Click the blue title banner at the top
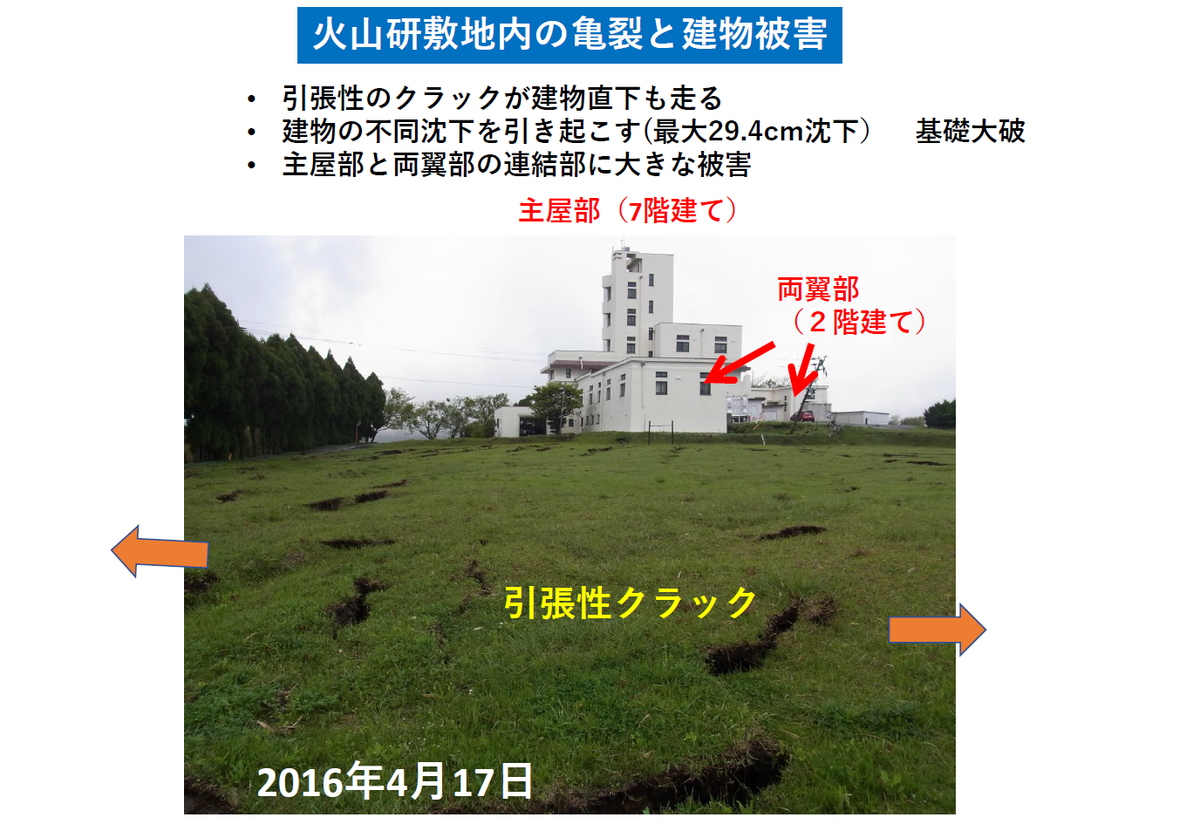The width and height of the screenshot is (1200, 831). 569,35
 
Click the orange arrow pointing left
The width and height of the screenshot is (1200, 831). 159,552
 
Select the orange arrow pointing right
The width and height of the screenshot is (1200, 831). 937,630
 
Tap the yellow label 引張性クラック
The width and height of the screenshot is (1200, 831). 631,603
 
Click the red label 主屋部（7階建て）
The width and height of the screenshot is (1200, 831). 628,210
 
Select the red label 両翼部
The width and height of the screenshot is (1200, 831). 818,289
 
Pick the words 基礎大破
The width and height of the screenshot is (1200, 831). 970,132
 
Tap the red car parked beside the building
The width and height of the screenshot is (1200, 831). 802,416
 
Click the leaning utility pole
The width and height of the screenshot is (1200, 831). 808,395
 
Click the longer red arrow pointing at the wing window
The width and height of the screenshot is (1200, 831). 740,364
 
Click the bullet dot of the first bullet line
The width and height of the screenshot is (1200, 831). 251,99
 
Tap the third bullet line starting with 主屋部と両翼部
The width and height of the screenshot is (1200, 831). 516,165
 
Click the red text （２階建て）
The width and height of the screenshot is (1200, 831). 859,322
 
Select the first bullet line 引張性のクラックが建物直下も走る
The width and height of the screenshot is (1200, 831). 502,99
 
